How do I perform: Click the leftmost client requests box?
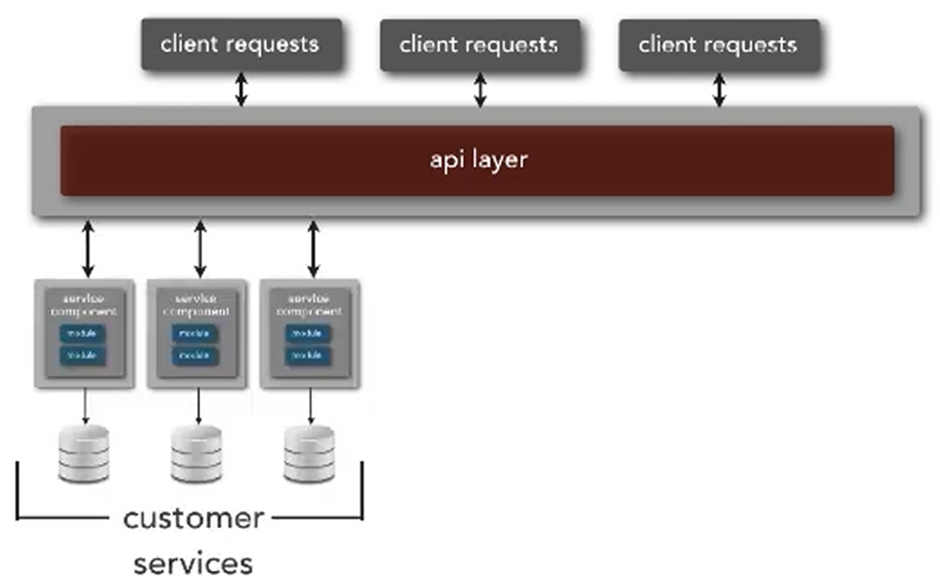tap(241, 45)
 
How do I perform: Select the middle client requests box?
tap(480, 45)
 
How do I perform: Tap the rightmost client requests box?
tap(719, 45)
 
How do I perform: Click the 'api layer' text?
tap(478, 159)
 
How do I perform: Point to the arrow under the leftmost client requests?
tap(241, 89)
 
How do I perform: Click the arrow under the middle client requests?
tap(480, 89)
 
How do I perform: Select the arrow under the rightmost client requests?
tap(719, 89)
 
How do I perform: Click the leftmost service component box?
tap(84, 334)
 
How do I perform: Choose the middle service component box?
tap(197, 334)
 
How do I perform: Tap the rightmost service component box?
tap(310, 334)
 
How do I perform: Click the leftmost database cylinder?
tap(84, 454)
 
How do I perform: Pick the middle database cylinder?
tap(197, 454)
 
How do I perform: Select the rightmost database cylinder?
tap(310, 454)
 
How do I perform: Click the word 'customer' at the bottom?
tap(193, 519)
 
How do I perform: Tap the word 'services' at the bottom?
tap(193, 563)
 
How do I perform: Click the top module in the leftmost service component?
tap(81, 333)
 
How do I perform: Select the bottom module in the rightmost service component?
tap(308, 356)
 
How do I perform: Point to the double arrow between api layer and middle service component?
tap(200, 249)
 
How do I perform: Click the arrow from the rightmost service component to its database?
tap(311, 407)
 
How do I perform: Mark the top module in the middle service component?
tap(195, 333)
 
